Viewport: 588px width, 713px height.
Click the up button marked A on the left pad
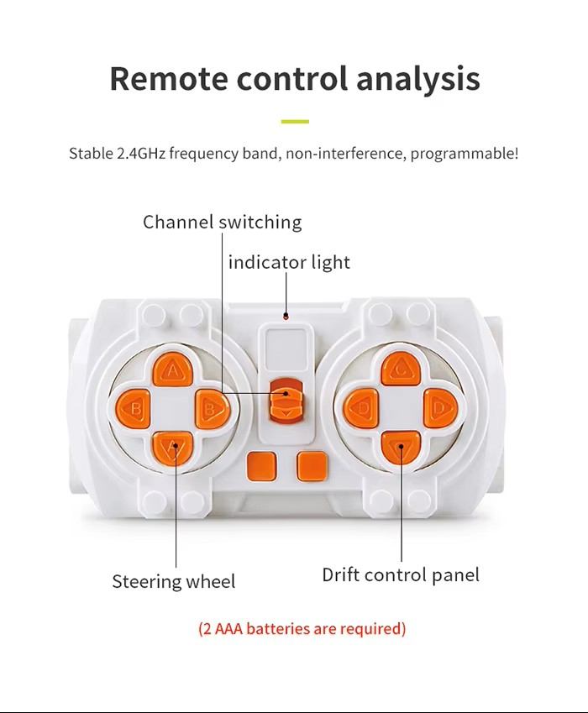(172, 370)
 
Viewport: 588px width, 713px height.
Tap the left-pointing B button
(134, 408)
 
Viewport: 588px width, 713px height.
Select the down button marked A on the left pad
(173, 447)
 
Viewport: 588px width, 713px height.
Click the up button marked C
(401, 370)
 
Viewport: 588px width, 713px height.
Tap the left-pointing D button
(361, 408)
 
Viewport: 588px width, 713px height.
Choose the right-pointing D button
(440, 407)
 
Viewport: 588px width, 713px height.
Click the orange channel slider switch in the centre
(286, 398)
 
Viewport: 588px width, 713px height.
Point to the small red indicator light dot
(286, 316)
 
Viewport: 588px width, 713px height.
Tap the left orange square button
(261, 467)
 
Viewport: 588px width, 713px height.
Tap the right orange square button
(312, 467)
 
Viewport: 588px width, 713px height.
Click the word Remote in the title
(169, 78)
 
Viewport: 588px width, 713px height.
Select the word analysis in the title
(418, 79)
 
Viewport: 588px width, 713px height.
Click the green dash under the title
(295, 122)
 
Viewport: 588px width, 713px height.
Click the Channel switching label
(223, 222)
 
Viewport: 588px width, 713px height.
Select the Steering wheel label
(174, 582)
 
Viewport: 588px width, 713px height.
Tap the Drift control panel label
(401, 574)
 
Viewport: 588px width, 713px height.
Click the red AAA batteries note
(302, 629)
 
